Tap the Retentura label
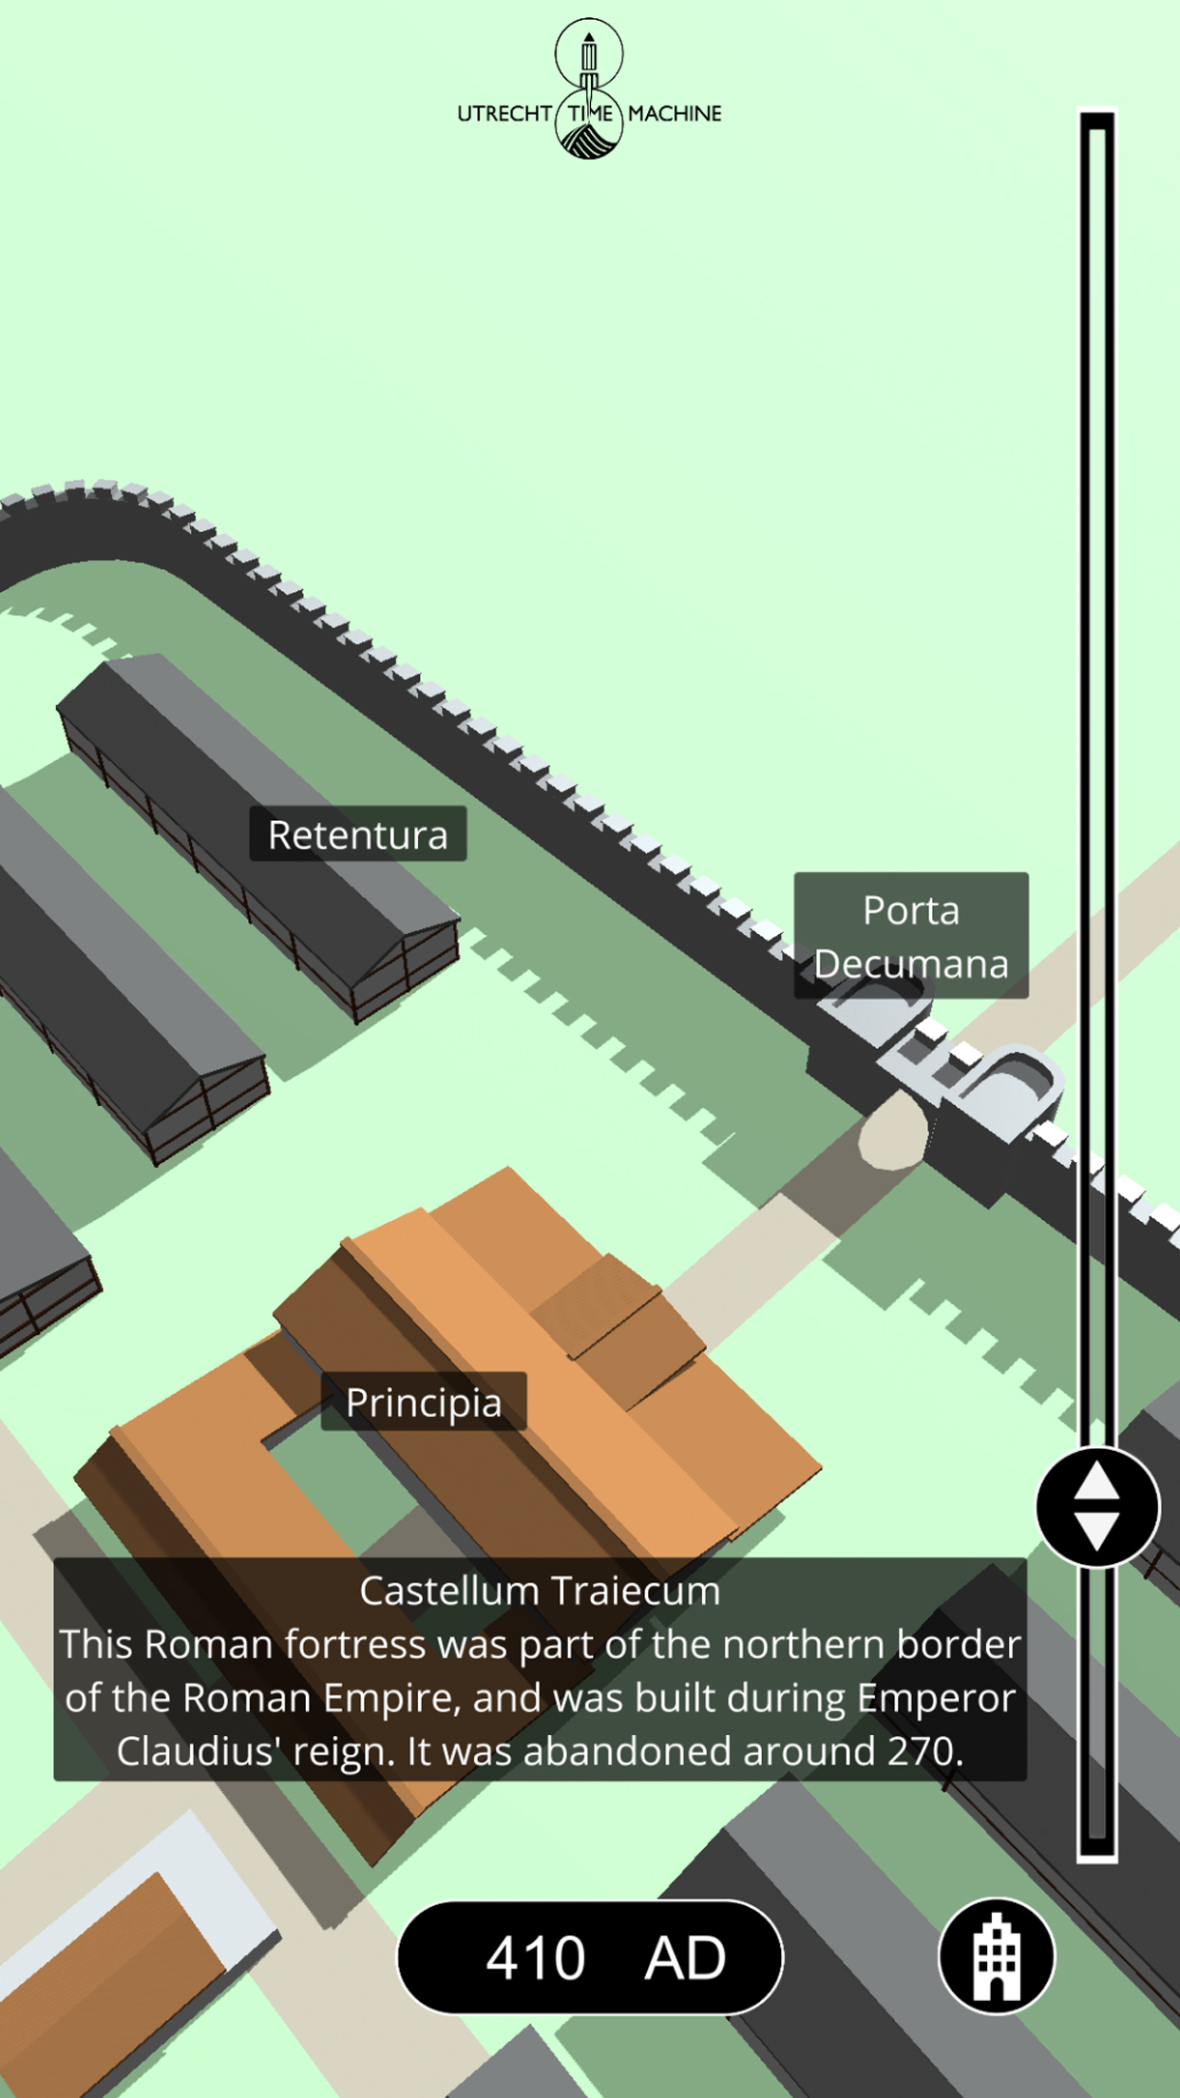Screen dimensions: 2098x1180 click(x=357, y=834)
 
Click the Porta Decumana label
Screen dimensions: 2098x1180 click(x=910, y=936)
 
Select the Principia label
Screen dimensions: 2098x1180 click(x=424, y=1402)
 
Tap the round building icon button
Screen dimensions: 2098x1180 click(x=996, y=1956)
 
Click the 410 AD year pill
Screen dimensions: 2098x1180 click(x=589, y=1957)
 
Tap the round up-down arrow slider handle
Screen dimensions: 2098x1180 click(x=1097, y=1507)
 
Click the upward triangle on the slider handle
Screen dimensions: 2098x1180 click(x=1097, y=1481)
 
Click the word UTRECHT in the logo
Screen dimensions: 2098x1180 click(x=504, y=114)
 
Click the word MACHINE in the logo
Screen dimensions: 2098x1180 click(x=675, y=114)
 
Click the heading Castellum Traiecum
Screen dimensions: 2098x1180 click(x=540, y=1591)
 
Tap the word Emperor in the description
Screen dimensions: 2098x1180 click(x=936, y=1698)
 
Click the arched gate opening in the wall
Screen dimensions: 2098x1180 click(x=894, y=1131)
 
